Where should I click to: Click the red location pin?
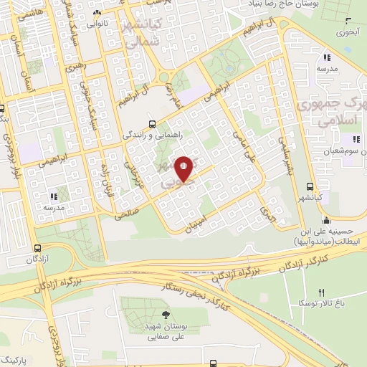(x=184, y=168)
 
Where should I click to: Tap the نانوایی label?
(x=98, y=22)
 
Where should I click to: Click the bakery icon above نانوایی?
(x=98, y=11)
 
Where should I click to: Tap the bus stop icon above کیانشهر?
(x=308, y=187)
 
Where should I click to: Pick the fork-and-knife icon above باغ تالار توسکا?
(x=321, y=292)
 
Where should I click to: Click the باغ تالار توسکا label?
(x=321, y=303)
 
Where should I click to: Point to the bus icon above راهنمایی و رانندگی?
(x=152, y=123)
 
